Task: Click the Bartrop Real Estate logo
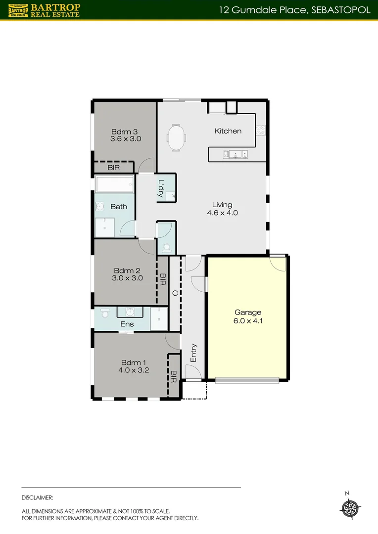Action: pos(44,10)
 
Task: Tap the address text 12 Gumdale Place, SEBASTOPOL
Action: pos(295,10)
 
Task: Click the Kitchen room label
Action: pos(228,131)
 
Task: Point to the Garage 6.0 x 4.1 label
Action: pos(247,316)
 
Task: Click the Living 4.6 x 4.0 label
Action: pos(222,209)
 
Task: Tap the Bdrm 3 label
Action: pos(126,135)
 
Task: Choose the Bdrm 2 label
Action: pos(128,274)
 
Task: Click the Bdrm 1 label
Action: pos(130,365)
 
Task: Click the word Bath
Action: pos(119,207)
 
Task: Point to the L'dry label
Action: pos(161,188)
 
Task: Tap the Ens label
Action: pos(127,324)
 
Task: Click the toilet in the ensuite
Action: pos(104,313)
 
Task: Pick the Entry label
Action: pos(193,353)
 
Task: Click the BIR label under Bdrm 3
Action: pos(113,168)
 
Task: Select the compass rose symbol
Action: pos(351,508)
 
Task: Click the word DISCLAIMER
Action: pos(38,497)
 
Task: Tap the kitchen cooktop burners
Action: pos(260,131)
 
